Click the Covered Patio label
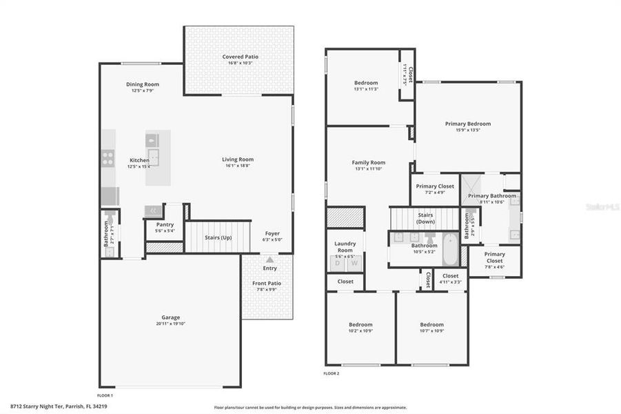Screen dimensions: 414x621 [x=238, y=57]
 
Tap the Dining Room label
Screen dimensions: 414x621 [x=143, y=84]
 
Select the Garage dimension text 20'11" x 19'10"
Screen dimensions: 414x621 [x=170, y=324]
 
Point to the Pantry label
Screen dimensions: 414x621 [x=165, y=224]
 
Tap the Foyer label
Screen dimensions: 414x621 [x=272, y=233]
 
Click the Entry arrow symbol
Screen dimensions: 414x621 [x=269, y=260]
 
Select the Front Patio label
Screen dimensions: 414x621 [x=267, y=283]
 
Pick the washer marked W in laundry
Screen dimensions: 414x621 [x=354, y=263]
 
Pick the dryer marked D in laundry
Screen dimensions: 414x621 [x=338, y=263]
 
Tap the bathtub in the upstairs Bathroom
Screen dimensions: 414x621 [x=449, y=250]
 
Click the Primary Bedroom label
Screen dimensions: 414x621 [x=468, y=124]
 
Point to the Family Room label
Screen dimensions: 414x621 [x=369, y=163]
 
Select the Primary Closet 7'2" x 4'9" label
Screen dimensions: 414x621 [x=435, y=186]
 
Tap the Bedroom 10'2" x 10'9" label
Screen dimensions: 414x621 [x=360, y=324]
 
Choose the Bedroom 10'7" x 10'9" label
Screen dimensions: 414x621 [x=431, y=324]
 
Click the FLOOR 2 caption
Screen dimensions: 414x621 [x=332, y=373]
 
